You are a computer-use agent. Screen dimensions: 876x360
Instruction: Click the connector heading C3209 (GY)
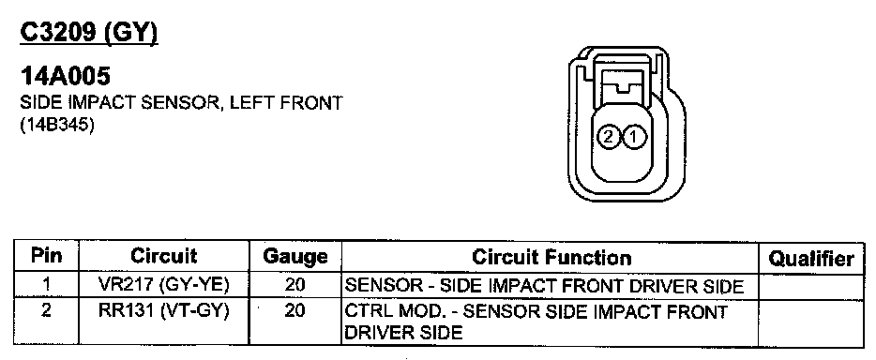[x=89, y=34]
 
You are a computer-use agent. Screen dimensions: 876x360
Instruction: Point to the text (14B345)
[x=57, y=126]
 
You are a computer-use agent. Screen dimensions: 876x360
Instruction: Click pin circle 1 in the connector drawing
[x=634, y=136]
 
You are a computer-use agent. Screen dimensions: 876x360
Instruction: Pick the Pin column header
[x=46, y=256]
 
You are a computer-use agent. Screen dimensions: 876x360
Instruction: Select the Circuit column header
[x=164, y=256]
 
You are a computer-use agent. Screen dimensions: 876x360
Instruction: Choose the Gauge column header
[x=295, y=257]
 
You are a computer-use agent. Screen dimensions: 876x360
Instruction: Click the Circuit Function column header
[x=551, y=257]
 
